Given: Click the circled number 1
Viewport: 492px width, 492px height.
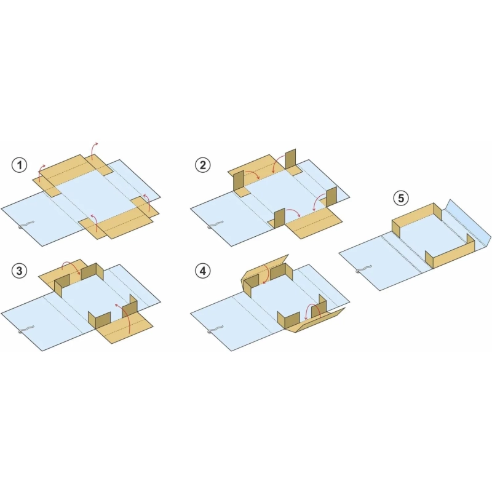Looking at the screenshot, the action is coord(20,165).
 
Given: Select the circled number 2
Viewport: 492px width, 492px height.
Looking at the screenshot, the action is coord(203,165).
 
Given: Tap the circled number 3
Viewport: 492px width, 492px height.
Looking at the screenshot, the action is coord(20,271).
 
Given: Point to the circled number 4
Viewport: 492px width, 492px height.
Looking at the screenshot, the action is coord(203,271).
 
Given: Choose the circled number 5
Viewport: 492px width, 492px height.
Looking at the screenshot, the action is coord(401,198).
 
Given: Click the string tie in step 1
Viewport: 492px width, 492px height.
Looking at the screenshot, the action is coord(26,224).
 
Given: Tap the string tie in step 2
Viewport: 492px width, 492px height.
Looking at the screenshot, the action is coord(215,224).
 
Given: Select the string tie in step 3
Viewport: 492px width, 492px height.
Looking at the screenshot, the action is coord(26,330).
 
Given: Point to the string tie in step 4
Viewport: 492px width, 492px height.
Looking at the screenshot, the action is coord(215,330).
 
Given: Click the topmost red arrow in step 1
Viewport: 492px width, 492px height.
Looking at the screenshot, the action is coord(93,150).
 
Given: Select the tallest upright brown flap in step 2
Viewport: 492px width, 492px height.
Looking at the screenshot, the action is coord(290,159).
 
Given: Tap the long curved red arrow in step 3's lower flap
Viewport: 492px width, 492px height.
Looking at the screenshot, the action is coord(125,315).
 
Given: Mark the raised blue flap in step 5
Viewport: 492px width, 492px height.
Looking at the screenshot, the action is coord(467,223).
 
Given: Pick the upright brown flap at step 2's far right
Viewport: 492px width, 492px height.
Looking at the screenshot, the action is coord(331,197).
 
